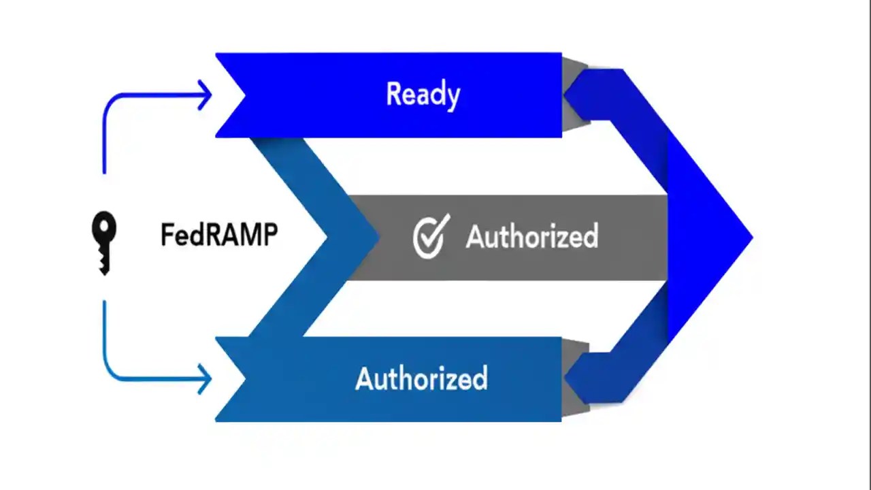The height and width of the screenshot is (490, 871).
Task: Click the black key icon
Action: click(104, 242)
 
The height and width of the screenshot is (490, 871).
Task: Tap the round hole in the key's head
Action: click(104, 225)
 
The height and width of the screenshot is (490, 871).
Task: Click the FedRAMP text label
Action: click(219, 235)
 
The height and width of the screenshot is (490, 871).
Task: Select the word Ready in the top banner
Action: click(423, 94)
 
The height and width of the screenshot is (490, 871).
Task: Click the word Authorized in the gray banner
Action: click(531, 237)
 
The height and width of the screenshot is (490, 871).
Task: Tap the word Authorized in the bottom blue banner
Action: click(421, 378)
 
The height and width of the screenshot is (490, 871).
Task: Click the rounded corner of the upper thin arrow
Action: click(110, 101)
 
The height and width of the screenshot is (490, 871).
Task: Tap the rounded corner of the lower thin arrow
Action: click(110, 372)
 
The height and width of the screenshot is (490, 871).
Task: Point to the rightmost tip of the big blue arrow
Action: click(751, 238)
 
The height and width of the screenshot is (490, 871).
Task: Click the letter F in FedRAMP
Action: click(167, 235)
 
